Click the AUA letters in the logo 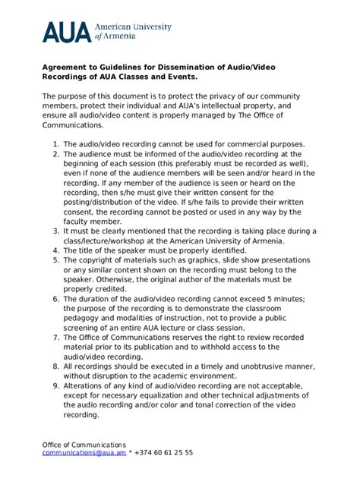pos(66,31)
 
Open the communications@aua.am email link pos(83,453)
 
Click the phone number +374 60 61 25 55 pos(163,453)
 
